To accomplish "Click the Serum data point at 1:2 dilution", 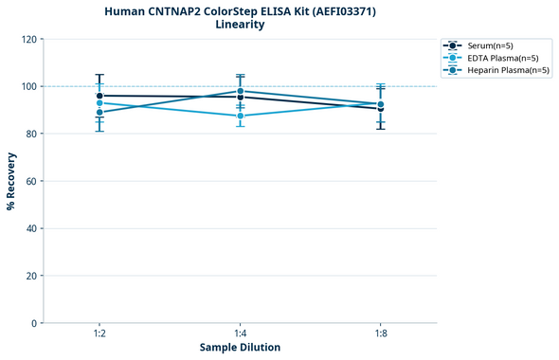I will click(x=99, y=96).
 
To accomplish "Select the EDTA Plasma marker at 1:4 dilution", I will click(x=240, y=116).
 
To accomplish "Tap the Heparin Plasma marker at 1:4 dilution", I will click(x=240, y=91).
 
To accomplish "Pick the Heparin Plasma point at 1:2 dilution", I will click(x=99, y=112).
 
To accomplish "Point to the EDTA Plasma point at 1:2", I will click(x=99, y=103).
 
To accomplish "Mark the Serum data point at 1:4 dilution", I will click(x=240, y=98).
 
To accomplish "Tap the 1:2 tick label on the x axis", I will click(x=99, y=334).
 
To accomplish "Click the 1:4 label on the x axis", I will click(x=240, y=334).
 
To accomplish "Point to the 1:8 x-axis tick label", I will click(x=380, y=334).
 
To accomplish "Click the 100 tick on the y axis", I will click(x=28, y=86).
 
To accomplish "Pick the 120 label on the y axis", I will click(x=28, y=39).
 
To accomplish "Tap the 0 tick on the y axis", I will click(x=34, y=323).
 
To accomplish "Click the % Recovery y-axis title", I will click(x=11, y=181).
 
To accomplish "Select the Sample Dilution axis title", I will click(x=240, y=348).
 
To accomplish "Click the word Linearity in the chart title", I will click(x=240, y=25).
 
